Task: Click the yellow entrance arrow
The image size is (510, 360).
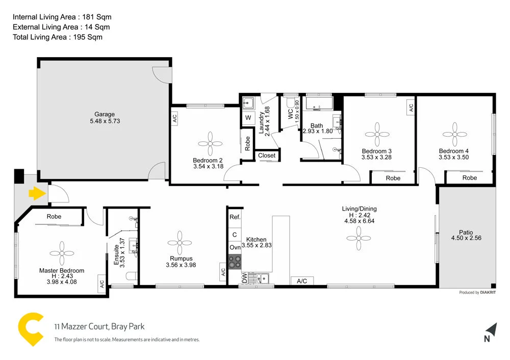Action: (35, 193)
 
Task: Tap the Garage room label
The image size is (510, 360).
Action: (105, 114)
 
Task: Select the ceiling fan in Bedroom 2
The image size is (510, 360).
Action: (209, 144)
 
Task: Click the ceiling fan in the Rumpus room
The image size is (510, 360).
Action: (180, 242)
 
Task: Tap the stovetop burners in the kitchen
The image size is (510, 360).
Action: (235, 262)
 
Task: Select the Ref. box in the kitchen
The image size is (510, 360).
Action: (235, 217)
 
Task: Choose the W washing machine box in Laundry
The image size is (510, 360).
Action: (248, 118)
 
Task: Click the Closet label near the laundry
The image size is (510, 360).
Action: (267, 156)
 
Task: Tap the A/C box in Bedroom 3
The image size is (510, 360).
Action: (411, 108)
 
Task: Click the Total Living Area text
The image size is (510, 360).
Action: (58, 37)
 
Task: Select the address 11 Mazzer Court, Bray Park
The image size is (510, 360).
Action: (99, 327)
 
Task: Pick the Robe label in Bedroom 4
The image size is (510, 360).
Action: (469, 178)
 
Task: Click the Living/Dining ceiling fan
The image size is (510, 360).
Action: (359, 234)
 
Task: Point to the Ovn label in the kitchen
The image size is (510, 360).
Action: (235, 247)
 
